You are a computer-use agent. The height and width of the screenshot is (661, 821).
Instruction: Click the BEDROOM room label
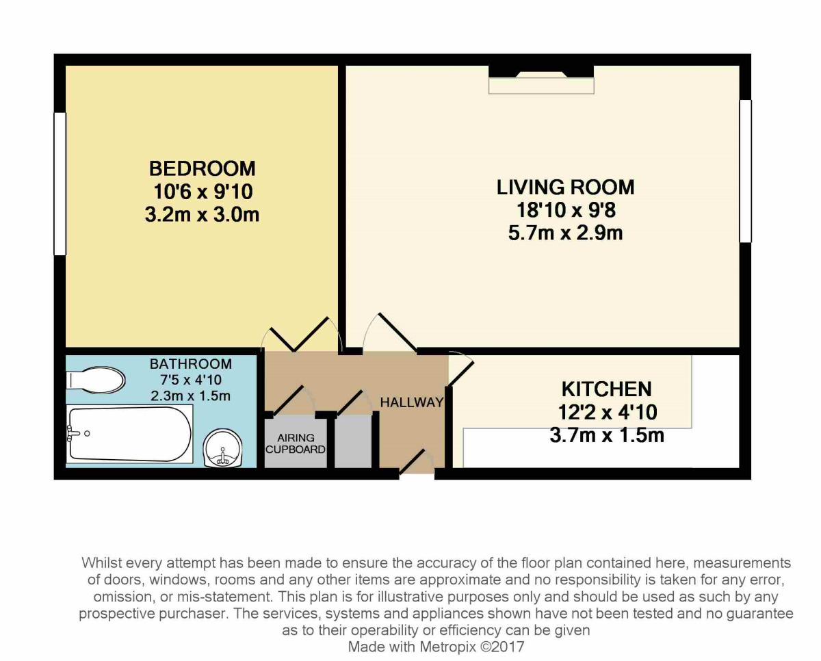pos(203,168)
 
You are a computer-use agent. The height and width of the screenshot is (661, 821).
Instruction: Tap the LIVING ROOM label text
pos(565,187)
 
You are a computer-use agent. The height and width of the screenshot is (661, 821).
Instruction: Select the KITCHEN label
pos(606,389)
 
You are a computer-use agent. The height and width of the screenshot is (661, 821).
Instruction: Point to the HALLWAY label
pos(412,402)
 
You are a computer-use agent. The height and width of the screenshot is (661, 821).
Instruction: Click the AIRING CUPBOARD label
pos(296,443)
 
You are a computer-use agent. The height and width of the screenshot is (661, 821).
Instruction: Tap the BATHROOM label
pos(191,364)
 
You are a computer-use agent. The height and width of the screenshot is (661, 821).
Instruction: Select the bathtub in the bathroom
pos(130,434)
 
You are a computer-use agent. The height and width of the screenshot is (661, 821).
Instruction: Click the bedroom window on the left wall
pos(60,183)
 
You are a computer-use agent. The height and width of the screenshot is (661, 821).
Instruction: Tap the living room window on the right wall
pos(745,171)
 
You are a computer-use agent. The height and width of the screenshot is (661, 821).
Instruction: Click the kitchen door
pos(460,370)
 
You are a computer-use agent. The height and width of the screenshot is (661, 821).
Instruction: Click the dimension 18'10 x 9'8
pos(565,210)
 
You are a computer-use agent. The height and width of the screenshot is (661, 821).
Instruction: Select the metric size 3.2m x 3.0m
pos(203,215)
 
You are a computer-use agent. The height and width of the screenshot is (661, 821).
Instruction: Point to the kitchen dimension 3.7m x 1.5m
pos(606,435)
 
